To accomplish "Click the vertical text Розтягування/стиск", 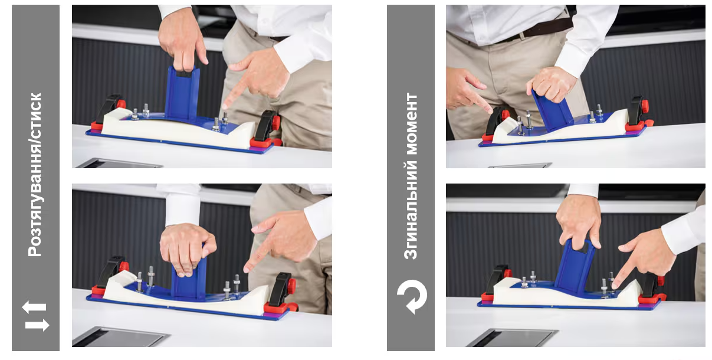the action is tap(35, 175).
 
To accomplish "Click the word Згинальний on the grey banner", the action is tap(411, 211).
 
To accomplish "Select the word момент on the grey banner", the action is tap(411, 124).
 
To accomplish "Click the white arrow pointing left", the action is tap(34, 307).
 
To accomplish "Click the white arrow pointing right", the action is tap(37, 325).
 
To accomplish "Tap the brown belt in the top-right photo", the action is tap(538, 30).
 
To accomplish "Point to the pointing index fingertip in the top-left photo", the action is tap(225, 107).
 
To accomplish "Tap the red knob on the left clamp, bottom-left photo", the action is tap(124, 266).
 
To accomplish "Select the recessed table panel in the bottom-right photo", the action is tap(513, 338).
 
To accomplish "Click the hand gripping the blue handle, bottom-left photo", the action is tap(188, 248).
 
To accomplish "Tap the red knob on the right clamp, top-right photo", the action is tap(645, 107).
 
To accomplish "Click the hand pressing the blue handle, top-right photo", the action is tap(552, 85).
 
